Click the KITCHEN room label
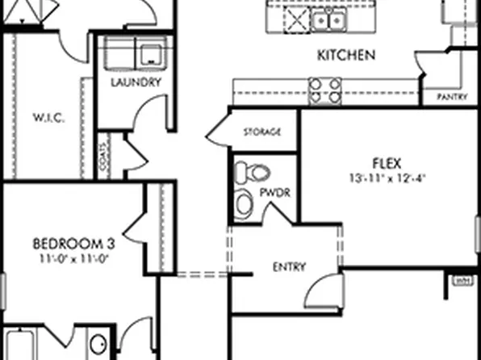pos(345,56)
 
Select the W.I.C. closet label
pos(48,118)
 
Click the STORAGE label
pos(262,132)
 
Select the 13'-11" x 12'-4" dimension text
pos(387,177)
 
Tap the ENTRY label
pos(289,267)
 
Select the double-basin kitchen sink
pos(329,19)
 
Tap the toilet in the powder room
pos(253,172)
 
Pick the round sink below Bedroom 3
pos(98,345)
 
